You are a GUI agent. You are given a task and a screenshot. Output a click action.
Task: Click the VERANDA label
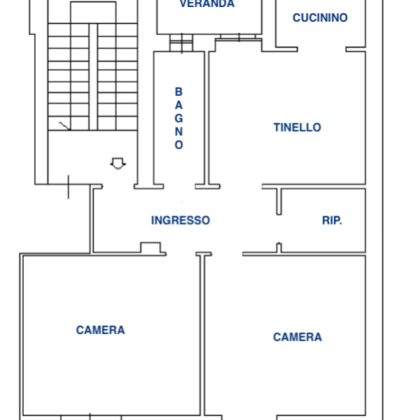[207, 3]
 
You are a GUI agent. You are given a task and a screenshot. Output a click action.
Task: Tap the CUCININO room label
[320, 18]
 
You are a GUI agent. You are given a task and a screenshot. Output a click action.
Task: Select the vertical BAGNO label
[178, 118]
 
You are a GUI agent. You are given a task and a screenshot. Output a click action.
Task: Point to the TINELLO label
[297, 127]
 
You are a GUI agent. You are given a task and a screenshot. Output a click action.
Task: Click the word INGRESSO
[181, 220]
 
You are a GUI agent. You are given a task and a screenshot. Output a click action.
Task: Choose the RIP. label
[332, 220]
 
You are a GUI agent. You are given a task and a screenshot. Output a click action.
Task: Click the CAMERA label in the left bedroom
[100, 330]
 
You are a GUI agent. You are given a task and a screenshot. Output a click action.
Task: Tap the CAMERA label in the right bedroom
[297, 337]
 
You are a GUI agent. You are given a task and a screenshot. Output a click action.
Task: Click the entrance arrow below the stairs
[118, 163]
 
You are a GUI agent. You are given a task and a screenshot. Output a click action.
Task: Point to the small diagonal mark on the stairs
[64, 126]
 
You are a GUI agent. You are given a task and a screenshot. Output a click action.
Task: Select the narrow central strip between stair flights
[93, 77]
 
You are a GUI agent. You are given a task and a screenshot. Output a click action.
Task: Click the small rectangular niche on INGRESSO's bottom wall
[150, 248]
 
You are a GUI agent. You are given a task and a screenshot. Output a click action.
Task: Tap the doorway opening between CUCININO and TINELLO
[322, 50]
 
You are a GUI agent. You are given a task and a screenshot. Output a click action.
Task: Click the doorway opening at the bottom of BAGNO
[179, 186]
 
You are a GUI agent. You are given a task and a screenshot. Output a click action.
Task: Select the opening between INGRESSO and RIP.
[279, 228]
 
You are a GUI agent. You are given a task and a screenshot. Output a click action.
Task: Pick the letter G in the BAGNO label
[178, 118]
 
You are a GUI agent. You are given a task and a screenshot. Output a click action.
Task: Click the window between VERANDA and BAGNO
[181, 43]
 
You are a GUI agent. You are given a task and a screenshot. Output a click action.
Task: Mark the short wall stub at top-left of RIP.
[279, 202]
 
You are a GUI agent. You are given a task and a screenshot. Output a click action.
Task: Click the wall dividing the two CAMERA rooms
[202, 335]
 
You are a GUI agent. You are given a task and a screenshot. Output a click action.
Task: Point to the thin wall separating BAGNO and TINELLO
[206, 118]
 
